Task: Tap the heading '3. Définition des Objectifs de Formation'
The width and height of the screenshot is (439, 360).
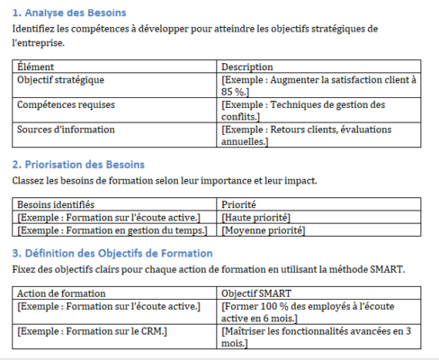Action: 112,253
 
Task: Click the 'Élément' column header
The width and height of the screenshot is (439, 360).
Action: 36,67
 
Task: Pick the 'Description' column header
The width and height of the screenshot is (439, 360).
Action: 247,67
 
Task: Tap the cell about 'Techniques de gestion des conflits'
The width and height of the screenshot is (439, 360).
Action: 315,111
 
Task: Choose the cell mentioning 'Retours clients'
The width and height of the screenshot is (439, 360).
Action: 315,135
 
